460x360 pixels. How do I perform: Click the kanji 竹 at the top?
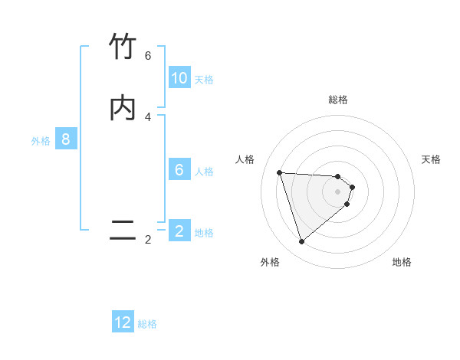pyautogui.click(x=123, y=47)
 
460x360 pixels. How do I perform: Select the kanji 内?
pyautogui.click(x=123, y=108)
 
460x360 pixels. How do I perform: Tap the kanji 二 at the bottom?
pyautogui.click(x=123, y=231)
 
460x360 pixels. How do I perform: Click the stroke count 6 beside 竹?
pyautogui.click(x=148, y=56)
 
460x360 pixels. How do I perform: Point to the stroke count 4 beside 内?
pyautogui.click(x=148, y=117)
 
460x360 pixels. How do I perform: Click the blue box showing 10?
pyautogui.click(x=179, y=78)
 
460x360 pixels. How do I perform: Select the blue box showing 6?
pyautogui.click(x=179, y=170)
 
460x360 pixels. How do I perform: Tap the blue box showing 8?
pyautogui.click(x=66, y=139)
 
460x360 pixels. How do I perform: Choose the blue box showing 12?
pyautogui.click(x=123, y=322)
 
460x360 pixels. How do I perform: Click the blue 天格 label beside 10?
pyautogui.click(x=204, y=80)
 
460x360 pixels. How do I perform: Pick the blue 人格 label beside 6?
pyautogui.click(x=204, y=172)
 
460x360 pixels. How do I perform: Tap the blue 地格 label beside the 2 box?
pyautogui.click(x=204, y=233)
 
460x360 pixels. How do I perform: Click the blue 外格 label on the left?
pyautogui.click(x=40, y=141)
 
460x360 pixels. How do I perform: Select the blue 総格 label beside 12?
pyautogui.click(x=147, y=324)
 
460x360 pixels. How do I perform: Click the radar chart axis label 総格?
pyautogui.click(x=338, y=100)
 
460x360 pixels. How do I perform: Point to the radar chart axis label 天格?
pyautogui.click(x=431, y=159)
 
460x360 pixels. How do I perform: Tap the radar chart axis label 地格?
pyautogui.click(x=402, y=262)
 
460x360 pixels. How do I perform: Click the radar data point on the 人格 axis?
pyautogui.click(x=279, y=172)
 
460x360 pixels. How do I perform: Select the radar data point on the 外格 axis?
pyautogui.click(x=301, y=242)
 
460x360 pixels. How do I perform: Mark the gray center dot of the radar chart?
pyautogui.click(x=338, y=191)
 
